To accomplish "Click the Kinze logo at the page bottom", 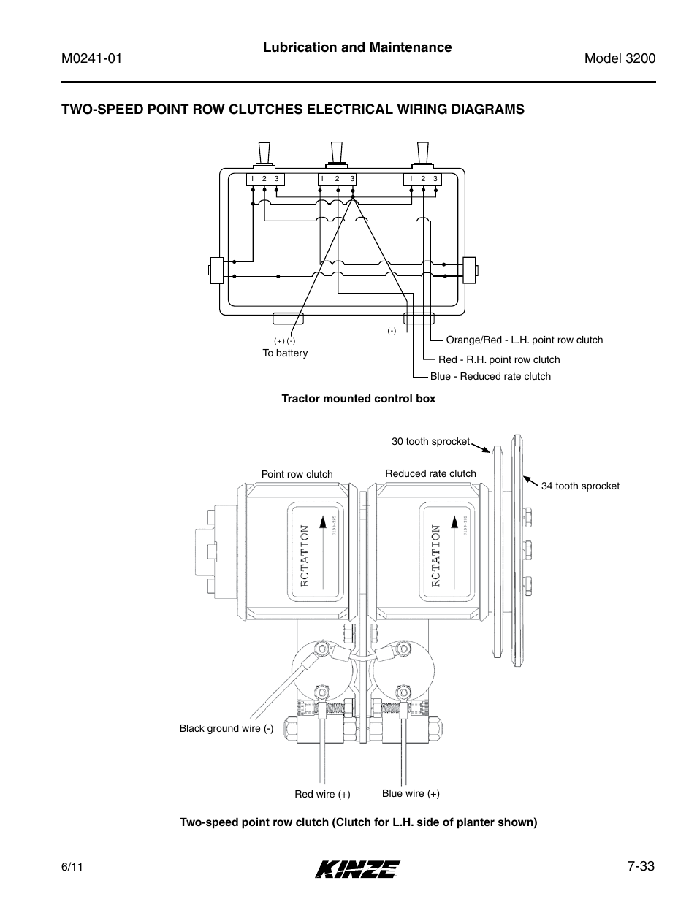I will [x=357, y=868].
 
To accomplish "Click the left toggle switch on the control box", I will [x=264, y=155].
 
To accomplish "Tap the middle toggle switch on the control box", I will [x=337, y=155].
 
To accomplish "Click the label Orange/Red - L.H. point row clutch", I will [x=524, y=340].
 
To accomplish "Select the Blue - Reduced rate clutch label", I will [x=490, y=376].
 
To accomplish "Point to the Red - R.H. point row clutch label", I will [x=498, y=359].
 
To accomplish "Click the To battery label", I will [x=285, y=353].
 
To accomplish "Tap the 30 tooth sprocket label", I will [x=430, y=442].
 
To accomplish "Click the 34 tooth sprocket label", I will [x=580, y=486].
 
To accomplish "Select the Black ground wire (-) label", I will [x=226, y=729].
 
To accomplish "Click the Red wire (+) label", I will [x=322, y=795].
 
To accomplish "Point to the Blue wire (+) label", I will [x=411, y=794].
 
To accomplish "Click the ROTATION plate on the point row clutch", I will [x=313, y=556].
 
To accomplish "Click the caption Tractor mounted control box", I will [x=358, y=399].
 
